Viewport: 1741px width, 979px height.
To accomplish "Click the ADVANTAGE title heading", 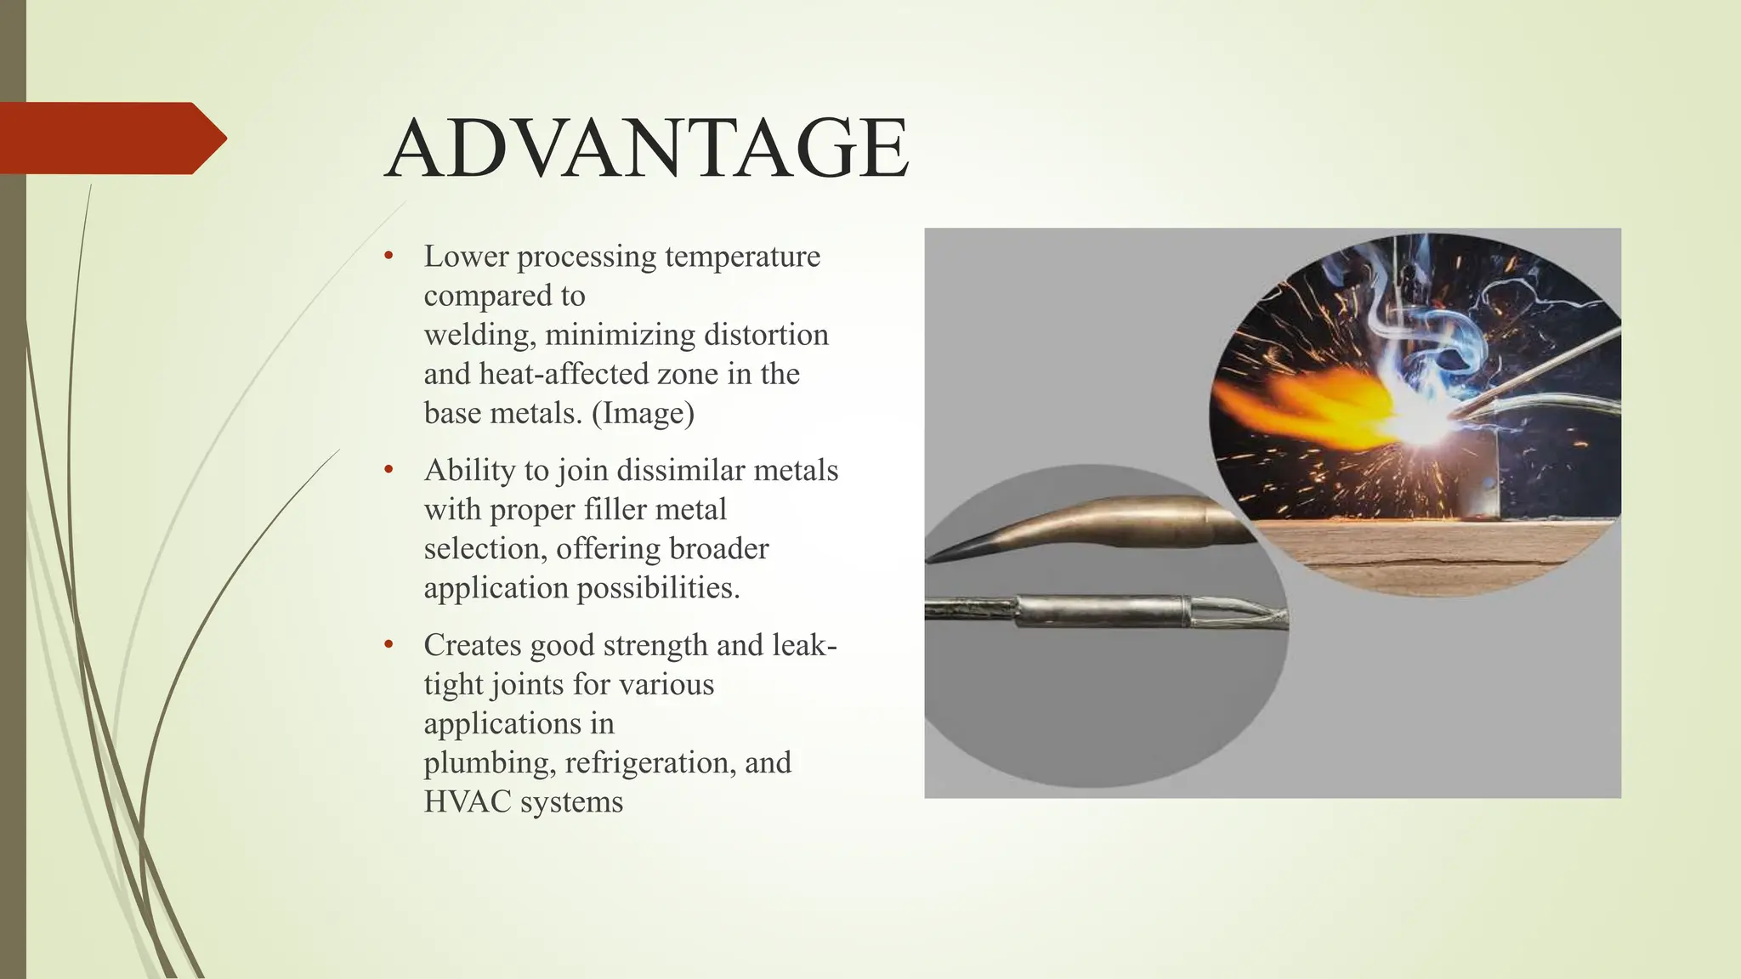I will point(646,149).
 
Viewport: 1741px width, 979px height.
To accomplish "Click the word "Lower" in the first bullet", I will point(467,256).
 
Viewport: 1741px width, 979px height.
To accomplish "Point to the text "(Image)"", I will point(643,413).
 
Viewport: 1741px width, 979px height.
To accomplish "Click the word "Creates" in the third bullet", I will point(474,645).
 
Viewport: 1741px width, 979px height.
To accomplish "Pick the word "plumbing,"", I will point(490,763).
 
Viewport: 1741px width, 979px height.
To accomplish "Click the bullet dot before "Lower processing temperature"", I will point(388,256).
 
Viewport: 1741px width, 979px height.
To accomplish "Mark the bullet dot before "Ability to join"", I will point(388,470).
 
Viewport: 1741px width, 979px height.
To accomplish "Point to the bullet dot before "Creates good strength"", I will point(388,645).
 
